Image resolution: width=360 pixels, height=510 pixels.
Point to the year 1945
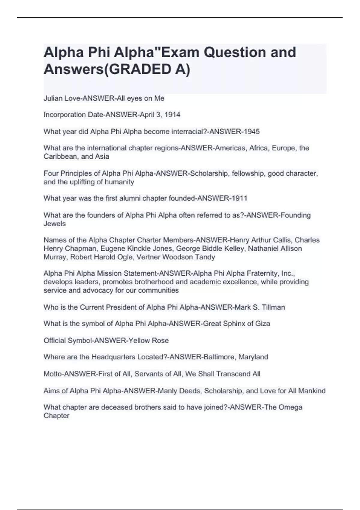click(x=251, y=132)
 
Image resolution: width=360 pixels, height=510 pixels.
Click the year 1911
click(x=239, y=198)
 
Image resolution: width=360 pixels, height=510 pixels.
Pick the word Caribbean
click(x=61, y=157)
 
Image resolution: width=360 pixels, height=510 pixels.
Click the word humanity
click(x=119, y=182)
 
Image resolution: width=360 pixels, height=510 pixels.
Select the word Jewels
click(x=55, y=224)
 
